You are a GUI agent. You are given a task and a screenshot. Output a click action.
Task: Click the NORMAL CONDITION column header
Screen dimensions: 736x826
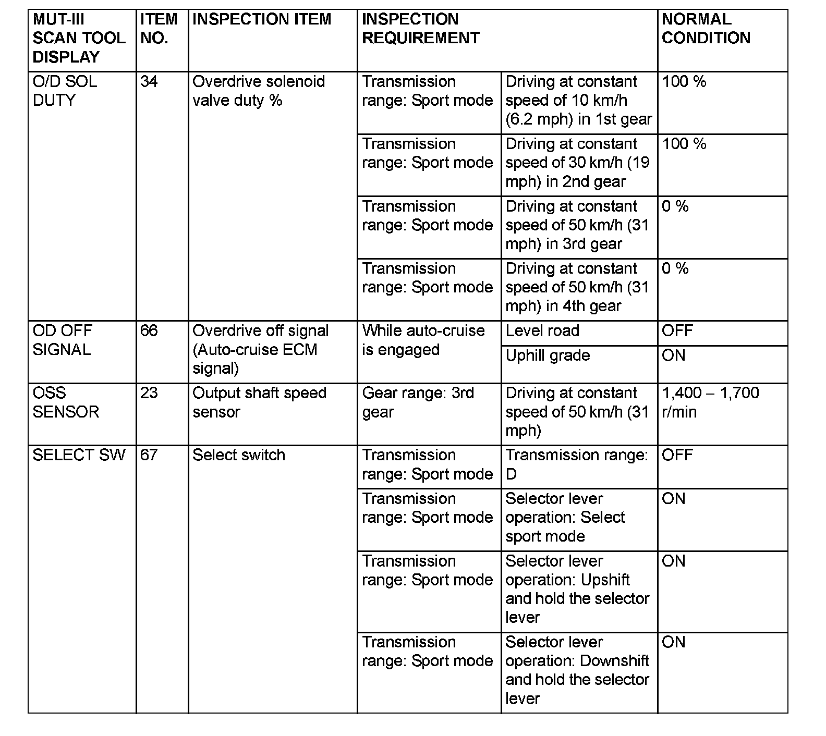point(706,29)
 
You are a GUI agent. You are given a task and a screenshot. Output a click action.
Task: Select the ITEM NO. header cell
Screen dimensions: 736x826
point(159,29)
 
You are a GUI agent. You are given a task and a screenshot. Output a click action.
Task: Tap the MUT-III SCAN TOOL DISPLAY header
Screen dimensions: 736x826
point(79,38)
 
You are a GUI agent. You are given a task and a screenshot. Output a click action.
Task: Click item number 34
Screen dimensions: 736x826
point(149,82)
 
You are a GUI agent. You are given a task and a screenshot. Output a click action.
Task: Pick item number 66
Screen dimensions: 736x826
point(149,331)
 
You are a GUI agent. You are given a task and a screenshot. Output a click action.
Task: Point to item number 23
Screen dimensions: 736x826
point(149,393)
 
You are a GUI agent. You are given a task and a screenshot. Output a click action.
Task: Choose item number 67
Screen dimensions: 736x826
point(149,455)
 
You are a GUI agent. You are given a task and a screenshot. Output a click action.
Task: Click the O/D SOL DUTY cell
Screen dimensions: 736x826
point(65,91)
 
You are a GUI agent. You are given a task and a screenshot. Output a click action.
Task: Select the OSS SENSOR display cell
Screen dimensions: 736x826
point(66,402)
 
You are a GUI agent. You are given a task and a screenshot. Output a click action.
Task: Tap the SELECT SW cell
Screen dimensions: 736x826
point(79,455)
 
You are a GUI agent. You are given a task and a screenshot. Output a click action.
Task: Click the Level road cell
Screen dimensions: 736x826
point(542,331)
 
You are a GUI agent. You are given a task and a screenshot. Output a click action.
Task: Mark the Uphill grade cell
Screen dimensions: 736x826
point(548,356)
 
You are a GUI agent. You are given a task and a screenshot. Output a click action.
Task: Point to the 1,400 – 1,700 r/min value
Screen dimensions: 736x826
point(710,402)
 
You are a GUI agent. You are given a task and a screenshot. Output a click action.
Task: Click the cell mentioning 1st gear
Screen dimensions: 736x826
point(578,101)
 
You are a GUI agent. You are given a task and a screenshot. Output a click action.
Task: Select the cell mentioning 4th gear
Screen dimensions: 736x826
point(577,287)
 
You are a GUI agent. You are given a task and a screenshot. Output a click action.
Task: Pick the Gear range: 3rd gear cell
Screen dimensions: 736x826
point(418,402)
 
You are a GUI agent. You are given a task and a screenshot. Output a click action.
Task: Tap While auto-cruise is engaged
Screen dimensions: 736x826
point(423,340)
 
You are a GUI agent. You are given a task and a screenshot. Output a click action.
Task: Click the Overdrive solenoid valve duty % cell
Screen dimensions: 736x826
point(259,91)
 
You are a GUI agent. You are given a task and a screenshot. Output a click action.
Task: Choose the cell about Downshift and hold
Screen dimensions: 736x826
point(577,670)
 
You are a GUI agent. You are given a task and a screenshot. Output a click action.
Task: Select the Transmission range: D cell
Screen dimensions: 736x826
point(576,464)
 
